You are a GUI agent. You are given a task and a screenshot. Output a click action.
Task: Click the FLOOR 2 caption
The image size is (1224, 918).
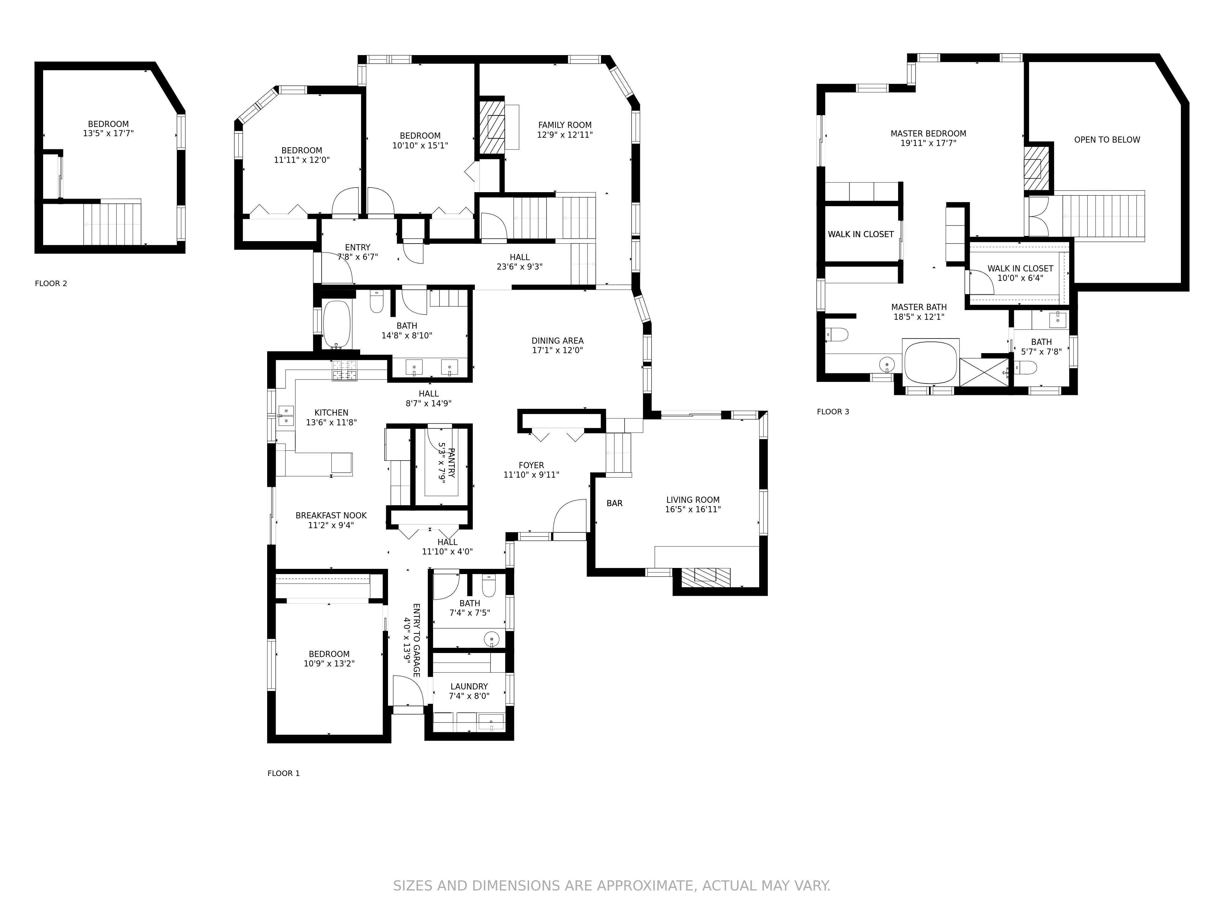[x=51, y=283]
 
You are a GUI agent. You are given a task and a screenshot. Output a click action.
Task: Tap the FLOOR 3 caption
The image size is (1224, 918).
[x=833, y=412]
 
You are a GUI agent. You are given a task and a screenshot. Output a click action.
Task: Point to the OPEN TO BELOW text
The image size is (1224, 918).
[x=1107, y=140]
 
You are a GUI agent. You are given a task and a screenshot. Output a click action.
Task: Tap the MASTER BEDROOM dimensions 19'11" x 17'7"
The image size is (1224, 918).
[x=928, y=143]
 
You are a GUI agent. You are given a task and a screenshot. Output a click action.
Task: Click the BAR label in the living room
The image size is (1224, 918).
[x=614, y=504]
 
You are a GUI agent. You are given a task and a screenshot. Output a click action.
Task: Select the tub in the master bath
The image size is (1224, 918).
[x=930, y=362]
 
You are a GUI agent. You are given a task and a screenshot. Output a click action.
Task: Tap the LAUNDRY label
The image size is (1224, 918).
[x=469, y=687]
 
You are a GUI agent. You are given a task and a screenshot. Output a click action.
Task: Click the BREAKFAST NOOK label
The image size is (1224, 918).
[x=331, y=516]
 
